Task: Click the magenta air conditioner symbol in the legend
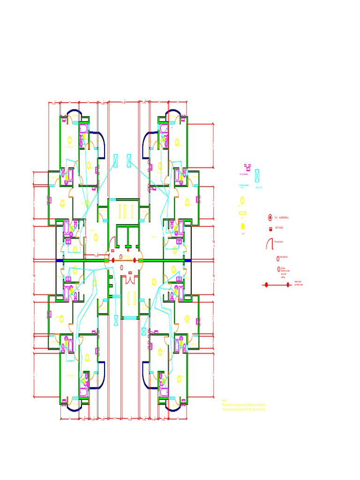[247, 167]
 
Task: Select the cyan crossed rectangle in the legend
[257, 176]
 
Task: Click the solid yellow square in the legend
[243, 226]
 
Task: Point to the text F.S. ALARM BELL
[282, 217]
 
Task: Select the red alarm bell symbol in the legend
[270, 217]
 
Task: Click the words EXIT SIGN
[279, 228]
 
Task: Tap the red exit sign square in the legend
[270, 229]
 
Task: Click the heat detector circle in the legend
[278, 258]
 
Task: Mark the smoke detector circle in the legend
[278, 269]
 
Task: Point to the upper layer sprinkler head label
[298, 284]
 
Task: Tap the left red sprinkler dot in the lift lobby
[112, 260]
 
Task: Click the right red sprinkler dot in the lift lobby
[135, 260]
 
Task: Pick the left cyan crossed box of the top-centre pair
[116, 160]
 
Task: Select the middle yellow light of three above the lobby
[125, 210]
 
